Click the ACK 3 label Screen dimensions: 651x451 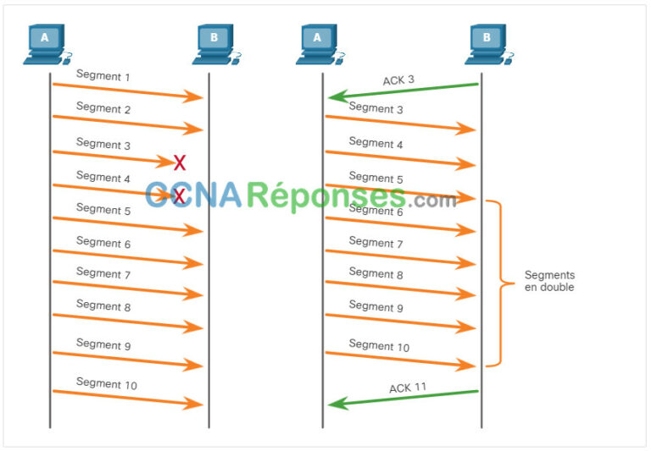(398, 80)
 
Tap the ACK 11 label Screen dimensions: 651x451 (408, 388)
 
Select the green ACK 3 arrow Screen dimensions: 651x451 (403, 91)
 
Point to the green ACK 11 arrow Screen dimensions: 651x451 (403, 399)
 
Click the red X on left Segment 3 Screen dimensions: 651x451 (180, 163)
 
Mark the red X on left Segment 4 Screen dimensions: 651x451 (179, 196)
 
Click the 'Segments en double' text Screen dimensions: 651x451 (549, 281)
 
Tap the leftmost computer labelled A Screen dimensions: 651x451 (47, 44)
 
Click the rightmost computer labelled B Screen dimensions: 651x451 (489, 44)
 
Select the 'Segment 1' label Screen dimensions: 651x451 (103, 75)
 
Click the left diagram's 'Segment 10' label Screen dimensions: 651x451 (106, 383)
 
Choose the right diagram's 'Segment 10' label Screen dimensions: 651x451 (379, 345)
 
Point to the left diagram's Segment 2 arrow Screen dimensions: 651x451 (128, 123)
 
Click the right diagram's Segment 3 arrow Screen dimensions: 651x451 (401, 123)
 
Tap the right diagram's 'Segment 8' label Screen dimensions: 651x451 (376, 273)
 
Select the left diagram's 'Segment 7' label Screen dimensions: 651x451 (103, 273)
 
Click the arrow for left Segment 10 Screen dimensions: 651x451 (128, 398)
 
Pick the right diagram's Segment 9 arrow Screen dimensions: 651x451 (401, 322)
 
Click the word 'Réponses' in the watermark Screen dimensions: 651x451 (326, 195)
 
